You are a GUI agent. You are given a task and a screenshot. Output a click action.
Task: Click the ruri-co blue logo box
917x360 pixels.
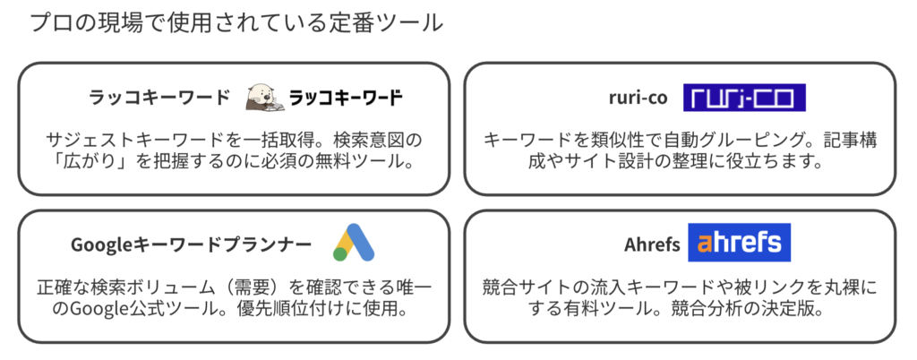(744, 97)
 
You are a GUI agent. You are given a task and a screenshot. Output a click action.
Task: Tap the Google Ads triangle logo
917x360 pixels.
(354, 242)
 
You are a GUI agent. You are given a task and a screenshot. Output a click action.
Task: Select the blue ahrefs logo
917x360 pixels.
(739, 243)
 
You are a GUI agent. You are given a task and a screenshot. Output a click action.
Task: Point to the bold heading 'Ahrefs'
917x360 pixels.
(652, 244)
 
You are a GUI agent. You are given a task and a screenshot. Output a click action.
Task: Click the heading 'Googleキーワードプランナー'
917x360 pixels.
(192, 244)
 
